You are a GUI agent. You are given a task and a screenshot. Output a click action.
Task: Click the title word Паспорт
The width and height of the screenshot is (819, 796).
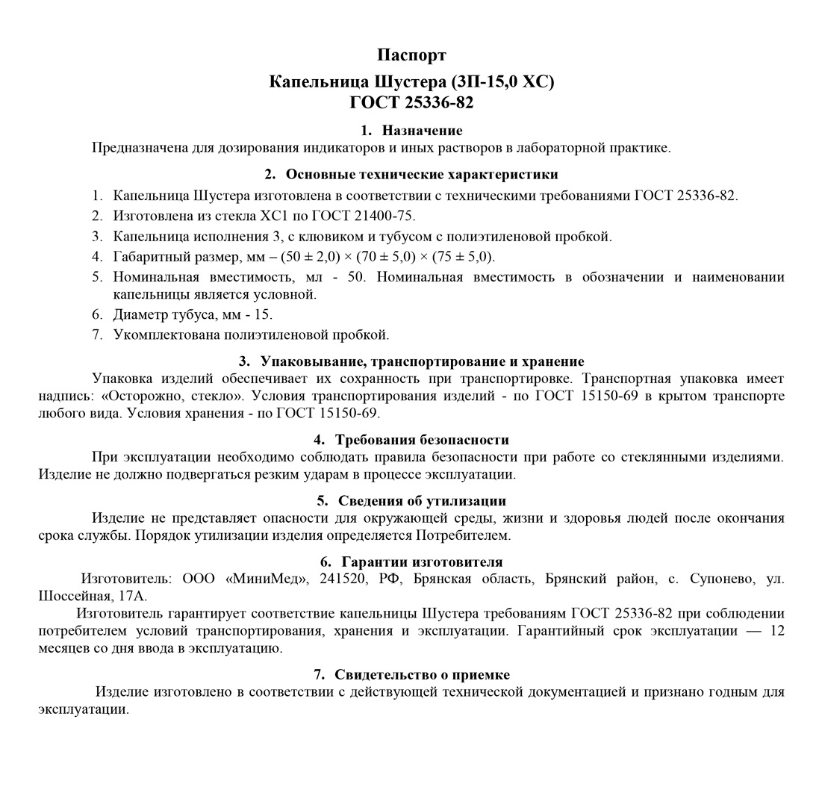point(411,55)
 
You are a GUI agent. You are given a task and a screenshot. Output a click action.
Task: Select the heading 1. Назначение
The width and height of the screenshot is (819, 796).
point(411,131)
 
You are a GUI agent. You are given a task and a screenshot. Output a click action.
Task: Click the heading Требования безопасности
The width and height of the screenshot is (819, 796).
point(422,440)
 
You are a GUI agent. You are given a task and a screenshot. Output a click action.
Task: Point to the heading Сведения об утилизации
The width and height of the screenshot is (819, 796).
point(422,501)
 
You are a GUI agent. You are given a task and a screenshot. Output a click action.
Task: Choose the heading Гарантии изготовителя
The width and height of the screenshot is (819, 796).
point(422,562)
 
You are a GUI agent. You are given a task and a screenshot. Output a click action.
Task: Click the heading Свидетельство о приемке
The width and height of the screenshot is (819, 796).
point(422,674)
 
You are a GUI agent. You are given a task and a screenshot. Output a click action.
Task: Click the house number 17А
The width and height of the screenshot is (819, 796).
point(133,596)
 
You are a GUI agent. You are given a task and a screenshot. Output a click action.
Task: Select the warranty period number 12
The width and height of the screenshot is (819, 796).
point(776,631)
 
